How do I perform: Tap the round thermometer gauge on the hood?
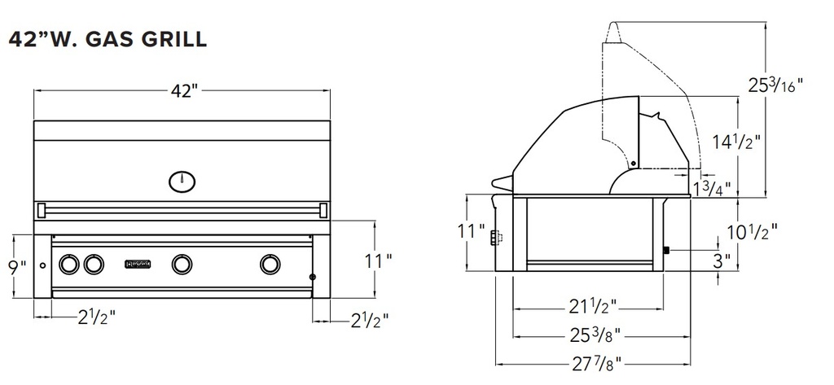coord(182,181)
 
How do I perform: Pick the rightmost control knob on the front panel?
coord(270,264)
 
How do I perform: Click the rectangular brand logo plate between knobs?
coord(138,264)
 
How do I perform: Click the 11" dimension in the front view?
coord(378,260)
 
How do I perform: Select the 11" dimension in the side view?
coord(471,231)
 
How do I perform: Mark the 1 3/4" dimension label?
coord(711,190)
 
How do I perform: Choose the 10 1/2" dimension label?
coord(749,230)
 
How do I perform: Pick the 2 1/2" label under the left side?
coord(90,317)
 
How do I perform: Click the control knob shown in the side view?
coord(494,238)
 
